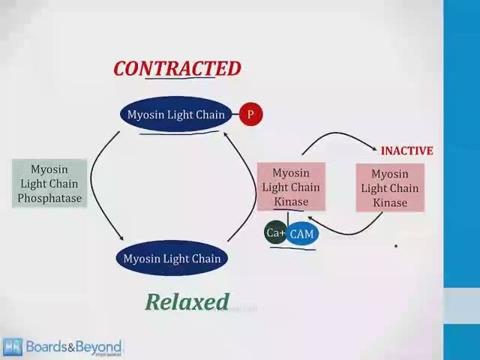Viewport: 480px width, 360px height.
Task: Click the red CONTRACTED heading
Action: pos(177,69)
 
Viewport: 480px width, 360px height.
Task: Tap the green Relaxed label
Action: pos(187,301)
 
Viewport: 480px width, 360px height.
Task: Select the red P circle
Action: pos(250,115)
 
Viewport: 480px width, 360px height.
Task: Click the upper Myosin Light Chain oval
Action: pos(175,115)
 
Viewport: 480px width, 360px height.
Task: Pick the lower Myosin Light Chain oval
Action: pos(172,259)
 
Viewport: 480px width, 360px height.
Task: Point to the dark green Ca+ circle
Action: pos(275,233)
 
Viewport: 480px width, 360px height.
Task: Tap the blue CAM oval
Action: pos(301,234)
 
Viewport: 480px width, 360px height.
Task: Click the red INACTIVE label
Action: pos(406,151)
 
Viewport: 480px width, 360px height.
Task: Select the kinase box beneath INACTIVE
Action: pos(389,188)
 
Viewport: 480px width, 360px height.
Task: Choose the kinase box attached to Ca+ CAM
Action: pos(291,187)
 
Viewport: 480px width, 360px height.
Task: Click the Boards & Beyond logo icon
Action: pos(13,347)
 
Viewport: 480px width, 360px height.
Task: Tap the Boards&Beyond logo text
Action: pos(73,346)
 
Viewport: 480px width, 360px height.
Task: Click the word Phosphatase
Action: pos(50,199)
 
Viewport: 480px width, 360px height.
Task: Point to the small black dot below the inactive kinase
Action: pos(396,244)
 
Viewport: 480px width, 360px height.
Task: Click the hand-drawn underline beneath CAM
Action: pos(292,247)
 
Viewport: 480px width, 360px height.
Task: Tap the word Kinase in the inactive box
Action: pos(390,202)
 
